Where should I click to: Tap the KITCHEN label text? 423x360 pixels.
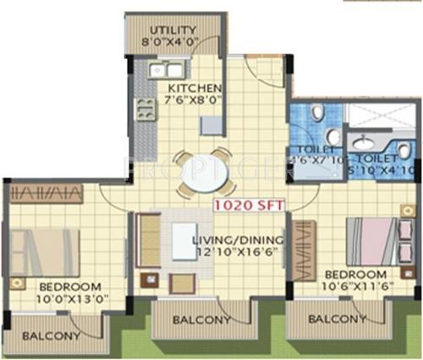[x=195, y=89]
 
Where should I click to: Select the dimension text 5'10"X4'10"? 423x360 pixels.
[x=380, y=168]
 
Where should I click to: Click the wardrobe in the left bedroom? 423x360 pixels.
[x=46, y=193]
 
